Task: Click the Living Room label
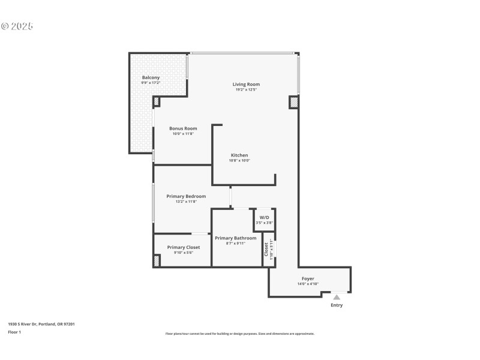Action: [246, 85]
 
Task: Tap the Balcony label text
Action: [151, 78]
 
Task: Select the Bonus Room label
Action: [183, 128]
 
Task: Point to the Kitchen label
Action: [239, 155]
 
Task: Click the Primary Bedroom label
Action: [186, 196]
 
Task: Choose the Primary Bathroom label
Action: [235, 238]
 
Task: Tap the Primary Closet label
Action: [183, 247]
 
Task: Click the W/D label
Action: [264, 217]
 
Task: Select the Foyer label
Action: [307, 279]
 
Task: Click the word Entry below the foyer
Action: [337, 305]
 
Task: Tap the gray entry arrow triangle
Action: [337, 297]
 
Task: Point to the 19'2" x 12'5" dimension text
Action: [246, 90]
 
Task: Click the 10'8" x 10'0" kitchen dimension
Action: [239, 161]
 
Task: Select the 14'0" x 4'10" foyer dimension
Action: [307, 284]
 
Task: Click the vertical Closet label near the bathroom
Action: [266, 249]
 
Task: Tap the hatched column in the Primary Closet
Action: [157, 261]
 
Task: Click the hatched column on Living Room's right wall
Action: [293, 103]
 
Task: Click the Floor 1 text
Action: [14, 332]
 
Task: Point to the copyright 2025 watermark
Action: [17, 26]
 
